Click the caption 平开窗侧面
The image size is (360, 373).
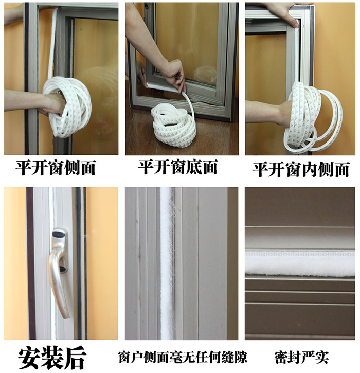pyautogui.click(x=56, y=168)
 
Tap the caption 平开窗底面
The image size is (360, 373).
pyautogui.click(x=178, y=167)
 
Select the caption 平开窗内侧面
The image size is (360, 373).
pyautogui.click(x=301, y=169)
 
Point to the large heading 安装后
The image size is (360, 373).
pyautogui.click(x=52, y=358)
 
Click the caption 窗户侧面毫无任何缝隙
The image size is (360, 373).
pyautogui.click(x=183, y=357)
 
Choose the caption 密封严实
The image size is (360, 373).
pyautogui.click(x=301, y=357)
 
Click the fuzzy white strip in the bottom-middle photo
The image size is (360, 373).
pyautogui.click(x=167, y=263)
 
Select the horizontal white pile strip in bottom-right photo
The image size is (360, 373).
pyautogui.click(x=300, y=263)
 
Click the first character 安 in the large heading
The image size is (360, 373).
pyautogui.click(x=29, y=358)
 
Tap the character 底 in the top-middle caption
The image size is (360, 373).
pyautogui.click(x=193, y=167)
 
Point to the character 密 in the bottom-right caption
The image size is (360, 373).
pyautogui.click(x=281, y=357)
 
